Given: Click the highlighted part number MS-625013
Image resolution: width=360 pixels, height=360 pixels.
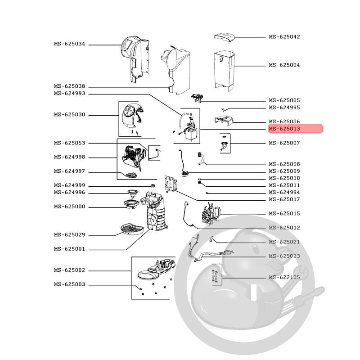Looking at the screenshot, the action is [284, 129].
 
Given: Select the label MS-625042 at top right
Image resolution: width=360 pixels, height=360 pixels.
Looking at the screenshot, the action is [284, 37].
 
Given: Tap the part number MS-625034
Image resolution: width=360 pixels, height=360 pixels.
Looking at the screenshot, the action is [70, 44].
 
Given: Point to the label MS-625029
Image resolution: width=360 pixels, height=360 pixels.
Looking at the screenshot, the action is [70, 235].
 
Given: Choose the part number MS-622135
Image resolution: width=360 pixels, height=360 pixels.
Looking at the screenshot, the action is [284, 277].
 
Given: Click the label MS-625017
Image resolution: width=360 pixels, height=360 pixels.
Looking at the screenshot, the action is [284, 199].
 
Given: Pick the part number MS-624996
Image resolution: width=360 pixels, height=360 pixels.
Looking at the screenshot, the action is [70, 193].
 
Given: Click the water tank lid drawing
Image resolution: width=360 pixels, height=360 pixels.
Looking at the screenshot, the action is [224, 37].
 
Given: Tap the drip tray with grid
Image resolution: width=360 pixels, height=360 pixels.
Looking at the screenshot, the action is [132, 229].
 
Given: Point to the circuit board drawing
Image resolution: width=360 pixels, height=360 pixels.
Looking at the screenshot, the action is [171, 184].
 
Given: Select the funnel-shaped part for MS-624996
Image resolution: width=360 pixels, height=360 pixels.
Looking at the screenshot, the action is [133, 193].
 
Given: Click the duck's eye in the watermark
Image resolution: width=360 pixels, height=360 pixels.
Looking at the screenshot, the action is [256, 248].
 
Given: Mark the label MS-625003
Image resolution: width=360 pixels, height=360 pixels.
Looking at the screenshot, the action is [70, 284].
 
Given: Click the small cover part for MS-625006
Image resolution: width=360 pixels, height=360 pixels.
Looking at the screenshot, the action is [224, 121].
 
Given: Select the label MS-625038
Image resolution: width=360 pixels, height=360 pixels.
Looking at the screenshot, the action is [70, 86].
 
